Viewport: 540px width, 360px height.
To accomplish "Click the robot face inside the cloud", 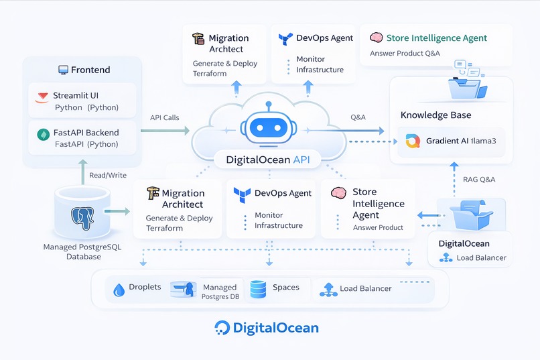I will (269, 126).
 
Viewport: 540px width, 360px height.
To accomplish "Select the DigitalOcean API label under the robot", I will (269, 160).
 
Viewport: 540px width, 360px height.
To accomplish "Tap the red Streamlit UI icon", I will (42, 97).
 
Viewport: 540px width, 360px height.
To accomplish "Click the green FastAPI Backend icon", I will (42, 134).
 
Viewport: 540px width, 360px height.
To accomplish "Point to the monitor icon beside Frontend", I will (63, 70).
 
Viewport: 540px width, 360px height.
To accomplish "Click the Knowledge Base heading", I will (435, 115).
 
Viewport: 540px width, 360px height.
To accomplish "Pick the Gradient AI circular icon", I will (412, 141).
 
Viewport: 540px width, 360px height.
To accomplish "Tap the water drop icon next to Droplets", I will (119, 290).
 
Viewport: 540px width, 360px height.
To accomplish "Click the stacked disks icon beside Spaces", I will (258, 289).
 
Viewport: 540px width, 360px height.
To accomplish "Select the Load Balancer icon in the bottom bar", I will (328, 289).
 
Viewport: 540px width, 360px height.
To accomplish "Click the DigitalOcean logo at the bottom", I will (267, 328).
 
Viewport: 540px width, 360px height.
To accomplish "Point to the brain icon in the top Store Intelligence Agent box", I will (376, 38).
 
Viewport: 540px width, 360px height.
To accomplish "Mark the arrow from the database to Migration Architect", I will (117, 211).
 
